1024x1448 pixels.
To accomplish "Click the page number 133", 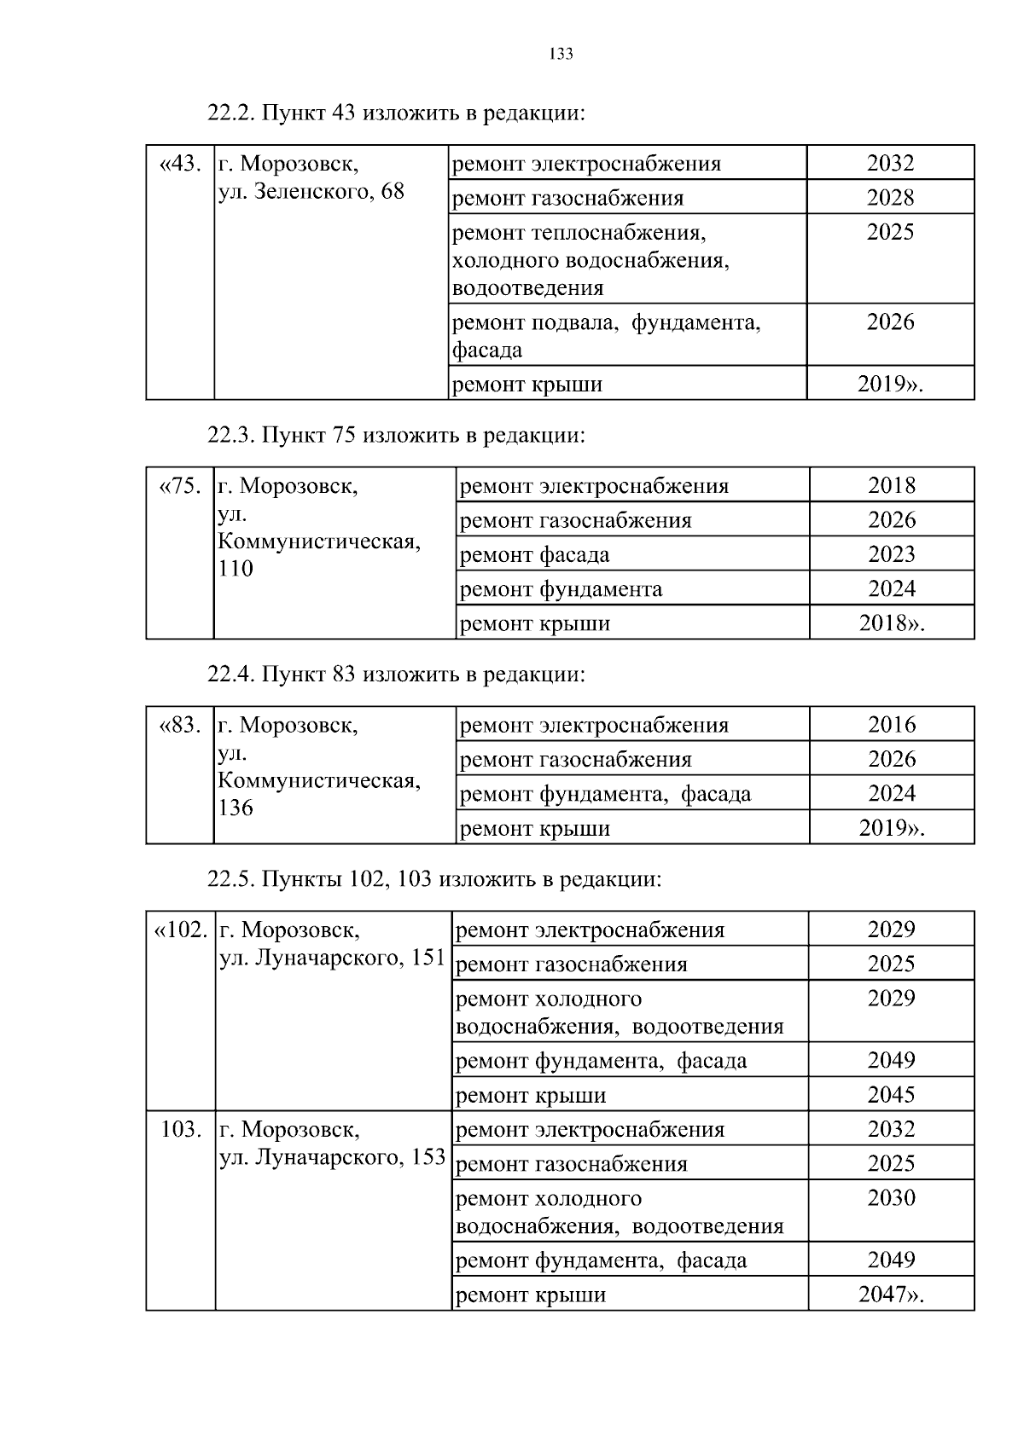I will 561,55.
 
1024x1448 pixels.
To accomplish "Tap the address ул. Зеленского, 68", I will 311,191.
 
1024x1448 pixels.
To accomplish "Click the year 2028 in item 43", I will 890,198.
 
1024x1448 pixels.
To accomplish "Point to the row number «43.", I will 180,163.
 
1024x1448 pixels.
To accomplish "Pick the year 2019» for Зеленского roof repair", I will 890,384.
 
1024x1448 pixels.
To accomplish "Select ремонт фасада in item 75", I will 534,555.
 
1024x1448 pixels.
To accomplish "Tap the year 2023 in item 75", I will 891,554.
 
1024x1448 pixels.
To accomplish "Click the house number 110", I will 236,569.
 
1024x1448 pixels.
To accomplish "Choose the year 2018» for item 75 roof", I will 891,623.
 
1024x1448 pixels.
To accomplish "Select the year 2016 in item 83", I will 891,725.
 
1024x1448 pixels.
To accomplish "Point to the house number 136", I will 236,808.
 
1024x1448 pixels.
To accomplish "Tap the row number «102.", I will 180,930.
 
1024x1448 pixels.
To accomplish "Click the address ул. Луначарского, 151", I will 333,958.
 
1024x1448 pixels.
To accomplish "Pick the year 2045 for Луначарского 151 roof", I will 891,1095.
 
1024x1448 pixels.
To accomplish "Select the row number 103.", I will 181,1130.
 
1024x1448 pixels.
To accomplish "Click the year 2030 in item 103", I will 891,1198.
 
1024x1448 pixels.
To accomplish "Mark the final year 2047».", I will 891,1295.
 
